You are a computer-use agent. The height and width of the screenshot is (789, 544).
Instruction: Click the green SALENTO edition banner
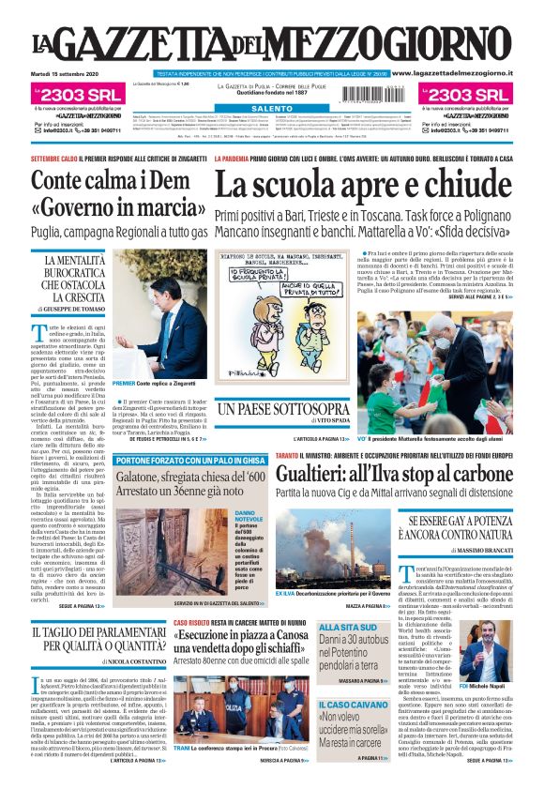click(271, 110)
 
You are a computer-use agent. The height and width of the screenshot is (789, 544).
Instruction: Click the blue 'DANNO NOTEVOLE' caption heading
click(249, 517)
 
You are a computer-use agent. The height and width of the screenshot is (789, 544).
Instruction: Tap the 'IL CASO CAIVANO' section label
click(351, 705)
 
